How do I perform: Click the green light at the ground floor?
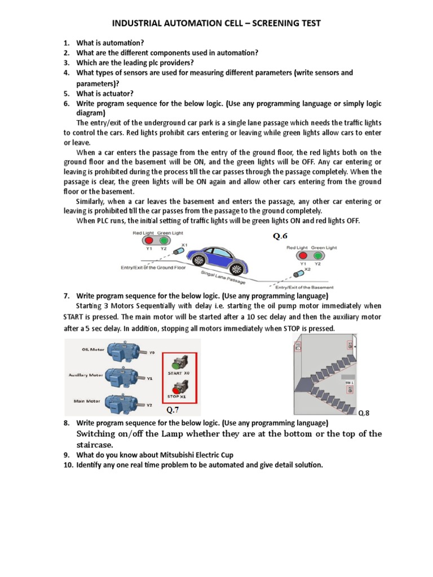(x=163, y=241)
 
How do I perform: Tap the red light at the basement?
(x=303, y=256)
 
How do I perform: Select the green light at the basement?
(x=317, y=256)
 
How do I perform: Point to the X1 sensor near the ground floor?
(x=179, y=250)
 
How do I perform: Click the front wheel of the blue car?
(x=238, y=266)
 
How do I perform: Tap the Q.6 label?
(x=281, y=236)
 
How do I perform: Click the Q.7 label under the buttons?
(x=173, y=410)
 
